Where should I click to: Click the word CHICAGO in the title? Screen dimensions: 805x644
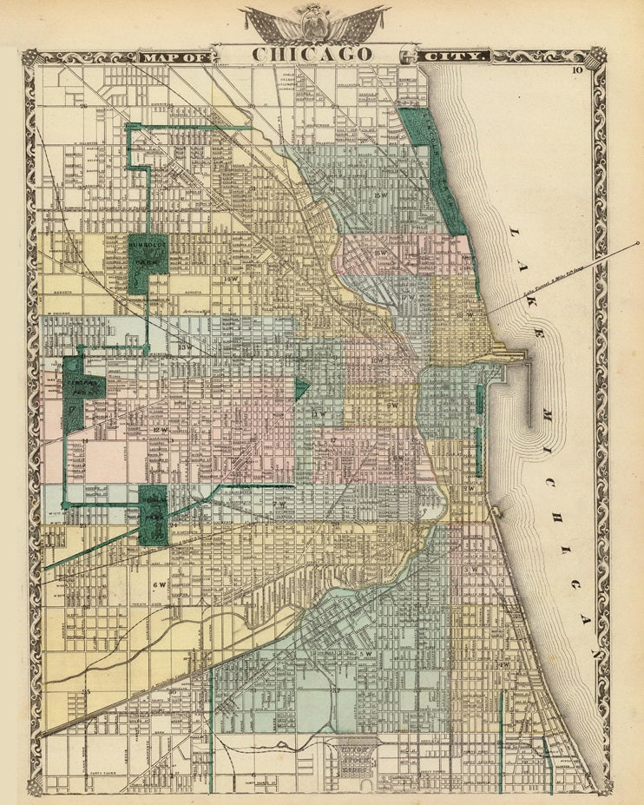[312, 54]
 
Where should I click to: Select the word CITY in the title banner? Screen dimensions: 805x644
[457, 57]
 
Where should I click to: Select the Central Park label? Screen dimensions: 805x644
[83, 387]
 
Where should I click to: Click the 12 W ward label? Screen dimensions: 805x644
[158, 430]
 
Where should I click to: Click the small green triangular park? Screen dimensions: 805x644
[299, 387]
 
